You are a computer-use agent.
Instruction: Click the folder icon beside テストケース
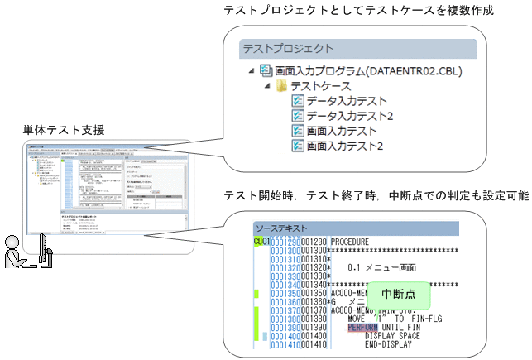pos(281,86)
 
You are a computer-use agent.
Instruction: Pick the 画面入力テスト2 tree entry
pos(345,146)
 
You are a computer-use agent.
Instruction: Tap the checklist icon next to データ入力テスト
pos(298,101)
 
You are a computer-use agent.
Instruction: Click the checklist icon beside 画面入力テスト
pos(298,131)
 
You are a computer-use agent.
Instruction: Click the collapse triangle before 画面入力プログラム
pos(251,71)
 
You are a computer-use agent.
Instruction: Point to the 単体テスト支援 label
pos(64,130)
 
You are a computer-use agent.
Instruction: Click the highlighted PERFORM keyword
pos(362,327)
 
